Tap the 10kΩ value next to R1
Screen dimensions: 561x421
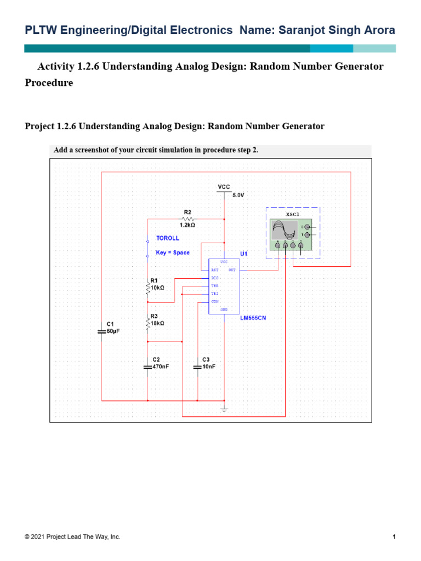pos(157,287)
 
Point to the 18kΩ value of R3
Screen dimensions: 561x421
pos(157,323)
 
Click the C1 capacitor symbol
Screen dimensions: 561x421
pos(101,332)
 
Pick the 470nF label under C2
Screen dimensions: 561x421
pos(161,367)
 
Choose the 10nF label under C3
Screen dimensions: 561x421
pos(209,367)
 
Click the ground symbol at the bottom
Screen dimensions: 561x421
pos(224,409)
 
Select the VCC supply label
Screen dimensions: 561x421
pos(224,187)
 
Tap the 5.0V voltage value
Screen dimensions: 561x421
pos(240,195)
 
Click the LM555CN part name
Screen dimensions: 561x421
pos(253,318)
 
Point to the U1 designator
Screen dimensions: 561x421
pos(243,254)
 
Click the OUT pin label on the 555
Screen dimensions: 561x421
pos(232,270)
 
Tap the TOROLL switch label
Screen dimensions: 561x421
pos(168,238)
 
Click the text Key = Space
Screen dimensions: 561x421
pos(173,253)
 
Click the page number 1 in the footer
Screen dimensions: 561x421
pos(394,537)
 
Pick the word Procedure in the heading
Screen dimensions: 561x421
pos(49,83)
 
